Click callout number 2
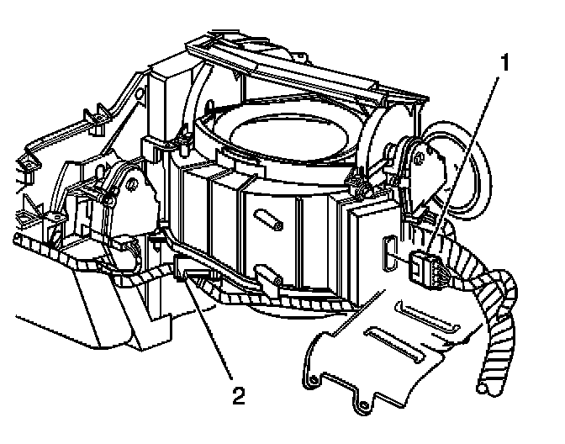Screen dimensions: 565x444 (238, 393)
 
